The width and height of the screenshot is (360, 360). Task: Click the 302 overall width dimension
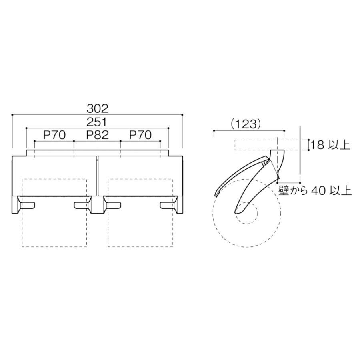point(97,108)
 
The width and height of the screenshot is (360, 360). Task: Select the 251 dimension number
point(97,122)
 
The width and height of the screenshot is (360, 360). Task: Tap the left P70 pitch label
point(54,135)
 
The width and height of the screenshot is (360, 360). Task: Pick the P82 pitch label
point(97,135)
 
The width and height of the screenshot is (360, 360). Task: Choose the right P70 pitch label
point(140,135)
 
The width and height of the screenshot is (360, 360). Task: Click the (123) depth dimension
point(246,124)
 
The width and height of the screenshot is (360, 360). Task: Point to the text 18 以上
point(330,145)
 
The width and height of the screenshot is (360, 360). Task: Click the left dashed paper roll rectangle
point(54,247)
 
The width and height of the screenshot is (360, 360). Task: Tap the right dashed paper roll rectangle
point(140,247)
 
